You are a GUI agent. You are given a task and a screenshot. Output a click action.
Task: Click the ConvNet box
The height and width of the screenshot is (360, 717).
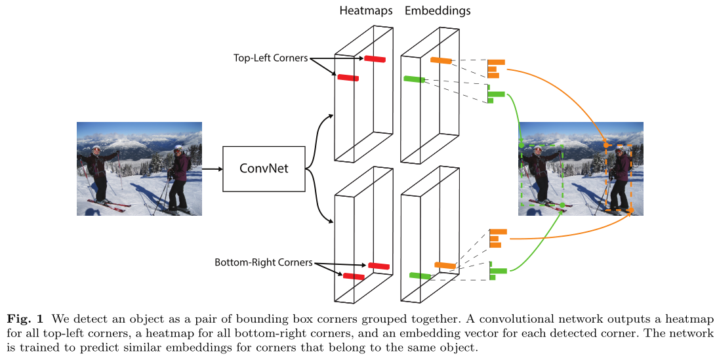pyautogui.click(x=264, y=169)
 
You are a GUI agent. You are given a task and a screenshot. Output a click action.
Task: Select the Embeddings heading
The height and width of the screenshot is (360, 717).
pyautogui.click(x=438, y=11)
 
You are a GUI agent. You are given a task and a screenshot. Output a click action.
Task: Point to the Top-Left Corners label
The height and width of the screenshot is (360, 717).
pyautogui.click(x=270, y=58)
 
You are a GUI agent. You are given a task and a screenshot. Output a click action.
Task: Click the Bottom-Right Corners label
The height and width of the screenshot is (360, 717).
pyautogui.click(x=263, y=263)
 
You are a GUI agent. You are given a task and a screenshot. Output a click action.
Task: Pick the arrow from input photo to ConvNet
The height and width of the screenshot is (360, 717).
pyautogui.click(x=212, y=169)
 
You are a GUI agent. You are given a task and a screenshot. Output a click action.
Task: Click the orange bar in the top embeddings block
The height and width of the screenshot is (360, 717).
pyautogui.click(x=441, y=61)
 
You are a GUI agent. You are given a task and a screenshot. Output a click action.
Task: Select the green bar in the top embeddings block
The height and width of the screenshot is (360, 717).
pyautogui.click(x=415, y=79)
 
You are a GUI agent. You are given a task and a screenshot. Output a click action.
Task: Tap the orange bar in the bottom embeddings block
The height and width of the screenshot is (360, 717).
pyautogui.click(x=445, y=265)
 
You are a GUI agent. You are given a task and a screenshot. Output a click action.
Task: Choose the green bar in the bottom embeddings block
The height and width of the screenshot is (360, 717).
pyautogui.click(x=419, y=275)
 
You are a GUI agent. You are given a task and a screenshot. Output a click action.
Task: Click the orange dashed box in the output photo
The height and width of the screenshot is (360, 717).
pyautogui.click(x=619, y=177)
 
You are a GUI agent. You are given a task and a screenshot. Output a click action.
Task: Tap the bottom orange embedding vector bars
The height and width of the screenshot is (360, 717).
pyautogui.click(x=498, y=238)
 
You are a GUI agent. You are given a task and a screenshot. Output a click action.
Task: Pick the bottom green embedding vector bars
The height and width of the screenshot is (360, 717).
pyautogui.click(x=497, y=270)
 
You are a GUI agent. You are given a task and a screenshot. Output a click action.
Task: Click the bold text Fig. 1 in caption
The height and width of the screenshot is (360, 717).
pyautogui.click(x=26, y=319)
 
